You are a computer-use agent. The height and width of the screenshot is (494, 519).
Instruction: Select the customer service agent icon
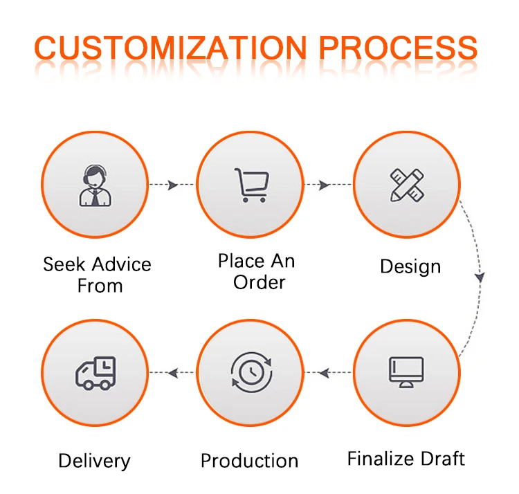coord(94,185)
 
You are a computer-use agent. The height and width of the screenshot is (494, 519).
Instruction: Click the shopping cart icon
coord(250,185)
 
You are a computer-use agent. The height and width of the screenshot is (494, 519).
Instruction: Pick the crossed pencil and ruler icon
coord(407,185)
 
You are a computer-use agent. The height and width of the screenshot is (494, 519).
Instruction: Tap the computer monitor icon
coord(407,372)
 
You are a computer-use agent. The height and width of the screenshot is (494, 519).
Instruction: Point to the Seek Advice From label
coord(97,275)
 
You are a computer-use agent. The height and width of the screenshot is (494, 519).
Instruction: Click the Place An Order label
coord(256,271)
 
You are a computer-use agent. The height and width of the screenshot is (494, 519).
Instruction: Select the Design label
coord(410,266)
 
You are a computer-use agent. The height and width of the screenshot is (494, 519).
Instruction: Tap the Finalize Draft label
coord(406,458)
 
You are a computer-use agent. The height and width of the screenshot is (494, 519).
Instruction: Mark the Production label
coord(249,461)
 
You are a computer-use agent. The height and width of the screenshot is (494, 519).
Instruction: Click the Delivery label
coord(94,461)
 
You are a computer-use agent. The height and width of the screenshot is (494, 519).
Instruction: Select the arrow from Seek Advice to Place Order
coord(172,185)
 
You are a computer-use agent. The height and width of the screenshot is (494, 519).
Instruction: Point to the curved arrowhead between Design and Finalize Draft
coord(479,277)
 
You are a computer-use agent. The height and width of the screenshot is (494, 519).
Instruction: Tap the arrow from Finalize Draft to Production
coord(325,373)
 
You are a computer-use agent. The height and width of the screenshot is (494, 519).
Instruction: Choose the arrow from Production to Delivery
coord(172,373)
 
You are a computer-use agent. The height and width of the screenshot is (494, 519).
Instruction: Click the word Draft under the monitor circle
coord(442,458)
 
